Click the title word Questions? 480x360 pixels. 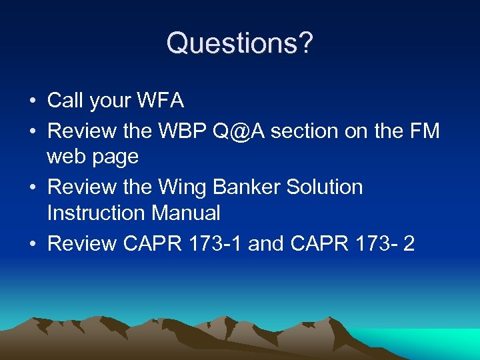coord(239,43)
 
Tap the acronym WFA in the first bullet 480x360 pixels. coord(161,101)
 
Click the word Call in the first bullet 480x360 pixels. coord(65,101)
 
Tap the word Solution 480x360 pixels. coord(325,187)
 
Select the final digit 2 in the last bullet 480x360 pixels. coord(409,243)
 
